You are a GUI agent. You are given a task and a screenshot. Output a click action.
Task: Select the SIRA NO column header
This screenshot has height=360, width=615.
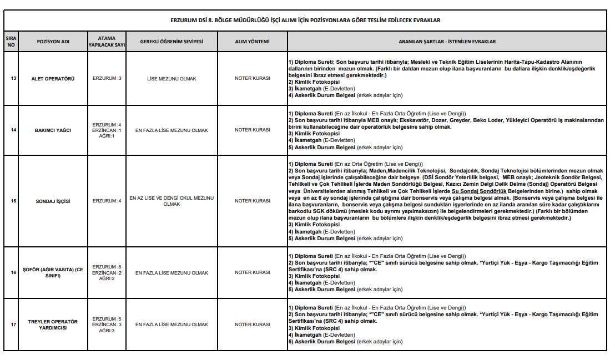coord(11,42)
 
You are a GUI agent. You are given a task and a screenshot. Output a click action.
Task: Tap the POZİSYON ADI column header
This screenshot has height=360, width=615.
coord(53,42)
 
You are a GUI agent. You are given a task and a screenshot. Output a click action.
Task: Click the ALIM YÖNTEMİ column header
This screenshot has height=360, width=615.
coord(252,42)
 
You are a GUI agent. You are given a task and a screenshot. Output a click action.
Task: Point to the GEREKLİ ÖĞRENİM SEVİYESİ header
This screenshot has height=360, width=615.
coord(172,42)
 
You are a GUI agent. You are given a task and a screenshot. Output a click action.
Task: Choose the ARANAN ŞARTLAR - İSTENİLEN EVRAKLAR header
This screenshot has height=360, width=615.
coord(447,42)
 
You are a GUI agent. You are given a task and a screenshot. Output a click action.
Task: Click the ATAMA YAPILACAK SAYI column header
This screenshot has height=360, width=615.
coord(106,42)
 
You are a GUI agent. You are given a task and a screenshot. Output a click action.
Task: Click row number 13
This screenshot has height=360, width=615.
coord(11,78)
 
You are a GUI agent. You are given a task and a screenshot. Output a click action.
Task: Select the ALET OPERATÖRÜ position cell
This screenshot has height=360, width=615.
coord(53,78)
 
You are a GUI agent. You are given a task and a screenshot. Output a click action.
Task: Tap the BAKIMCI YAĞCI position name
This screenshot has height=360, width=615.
coord(53,130)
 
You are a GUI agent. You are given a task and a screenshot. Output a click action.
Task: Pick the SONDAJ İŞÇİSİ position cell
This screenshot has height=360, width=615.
coord(53,201)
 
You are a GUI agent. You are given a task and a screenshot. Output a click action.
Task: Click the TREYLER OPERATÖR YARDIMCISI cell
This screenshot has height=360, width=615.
coord(53,324)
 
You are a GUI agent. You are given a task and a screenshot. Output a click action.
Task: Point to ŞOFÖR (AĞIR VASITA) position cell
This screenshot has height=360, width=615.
coord(53,272)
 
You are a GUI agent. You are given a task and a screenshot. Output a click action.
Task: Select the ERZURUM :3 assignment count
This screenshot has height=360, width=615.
coord(107,78)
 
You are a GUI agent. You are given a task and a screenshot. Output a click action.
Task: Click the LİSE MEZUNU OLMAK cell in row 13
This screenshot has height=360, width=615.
coord(172,78)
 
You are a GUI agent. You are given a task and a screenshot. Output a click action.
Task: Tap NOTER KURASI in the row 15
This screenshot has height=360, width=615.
coord(252,201)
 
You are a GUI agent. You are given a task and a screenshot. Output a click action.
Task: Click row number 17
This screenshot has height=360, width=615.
coord(11,324)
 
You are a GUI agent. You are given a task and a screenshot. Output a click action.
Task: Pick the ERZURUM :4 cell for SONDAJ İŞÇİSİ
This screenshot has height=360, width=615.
coord(107,201)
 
